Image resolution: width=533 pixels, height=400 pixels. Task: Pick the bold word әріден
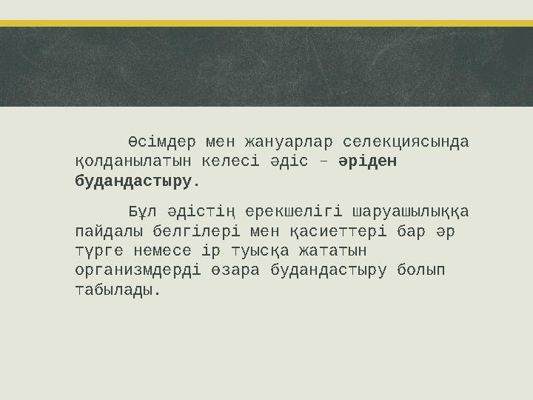click(368, 161)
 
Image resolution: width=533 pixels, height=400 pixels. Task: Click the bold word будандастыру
click(134, 180)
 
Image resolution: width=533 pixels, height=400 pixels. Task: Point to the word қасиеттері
click(325, 232)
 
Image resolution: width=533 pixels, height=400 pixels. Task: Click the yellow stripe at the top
click(266, 23)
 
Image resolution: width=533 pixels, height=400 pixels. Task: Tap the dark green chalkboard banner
click(266, 67)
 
